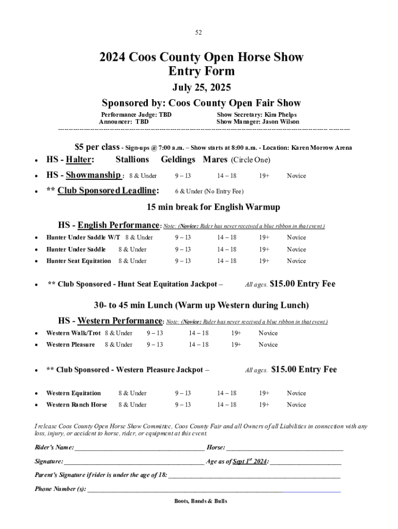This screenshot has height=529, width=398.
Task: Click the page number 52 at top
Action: point(198,33)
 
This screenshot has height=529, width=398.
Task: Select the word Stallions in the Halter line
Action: point(132,160)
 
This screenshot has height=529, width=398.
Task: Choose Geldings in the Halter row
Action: point(178,160)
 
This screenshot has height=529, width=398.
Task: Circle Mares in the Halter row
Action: point(215,160)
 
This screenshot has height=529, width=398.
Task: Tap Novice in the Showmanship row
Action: point(296,176)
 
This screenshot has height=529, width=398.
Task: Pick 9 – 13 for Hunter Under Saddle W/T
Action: point(183,238)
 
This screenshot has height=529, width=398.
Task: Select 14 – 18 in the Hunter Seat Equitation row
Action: point(227,261)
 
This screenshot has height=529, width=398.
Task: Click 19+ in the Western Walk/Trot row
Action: point(236,333)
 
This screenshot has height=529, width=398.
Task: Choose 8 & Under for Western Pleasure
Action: point(118,345)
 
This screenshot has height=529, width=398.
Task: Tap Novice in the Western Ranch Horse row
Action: point(296,405)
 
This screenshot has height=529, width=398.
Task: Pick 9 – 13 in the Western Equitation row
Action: point(183,393)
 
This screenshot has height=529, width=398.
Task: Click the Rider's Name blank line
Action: point(140,447)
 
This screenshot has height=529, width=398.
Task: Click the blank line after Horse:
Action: point(285,447)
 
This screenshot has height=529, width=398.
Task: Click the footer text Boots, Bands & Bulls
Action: point(201,501)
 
